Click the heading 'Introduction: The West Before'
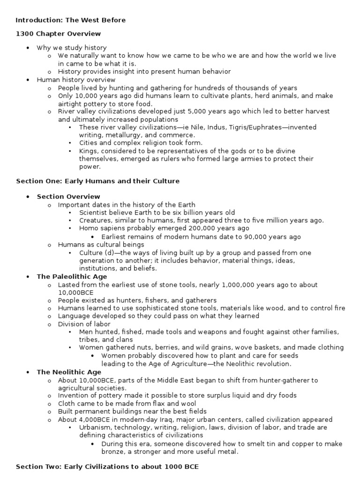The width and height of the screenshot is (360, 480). (70, 20)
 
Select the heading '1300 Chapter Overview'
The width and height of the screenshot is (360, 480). (58, 34)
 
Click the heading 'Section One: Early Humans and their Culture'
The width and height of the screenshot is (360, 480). (97, 181)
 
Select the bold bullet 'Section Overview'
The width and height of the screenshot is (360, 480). (68, 196)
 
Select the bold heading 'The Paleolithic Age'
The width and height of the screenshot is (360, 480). (72, 277)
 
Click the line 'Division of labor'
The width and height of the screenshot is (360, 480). (84, 324)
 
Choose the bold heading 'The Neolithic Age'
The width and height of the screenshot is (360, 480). (69, 372)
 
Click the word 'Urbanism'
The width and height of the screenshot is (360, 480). (95, 427)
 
